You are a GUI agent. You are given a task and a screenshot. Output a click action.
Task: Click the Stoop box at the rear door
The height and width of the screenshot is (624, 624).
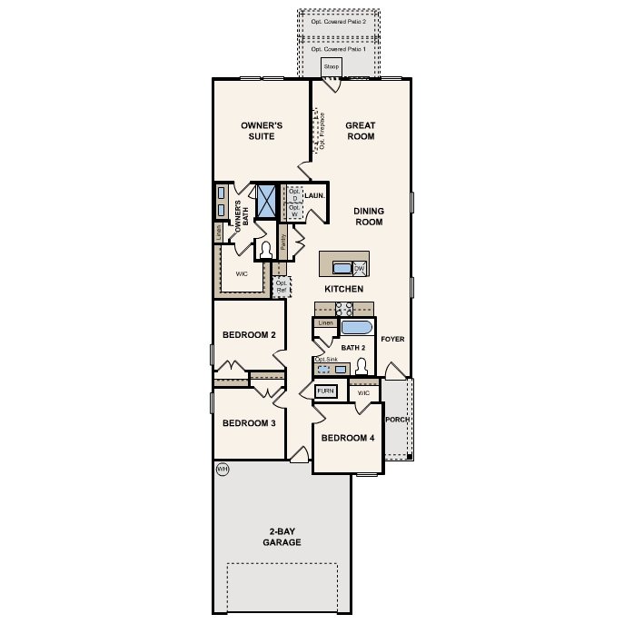pyautogui.click(x=331, y=67)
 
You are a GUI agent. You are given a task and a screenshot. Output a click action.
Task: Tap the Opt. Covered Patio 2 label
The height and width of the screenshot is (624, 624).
pyautogui.click(x=339, y=19)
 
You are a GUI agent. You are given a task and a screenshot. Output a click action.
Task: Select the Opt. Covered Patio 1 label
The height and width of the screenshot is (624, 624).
pyautogui.click(x=339, y=48)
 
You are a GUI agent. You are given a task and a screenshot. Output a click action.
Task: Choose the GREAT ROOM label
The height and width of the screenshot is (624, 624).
pyautogui.click(x=360, y=131)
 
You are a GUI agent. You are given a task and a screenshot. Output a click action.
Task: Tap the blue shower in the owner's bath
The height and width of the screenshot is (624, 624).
pyautogui.click(x=266, y=201)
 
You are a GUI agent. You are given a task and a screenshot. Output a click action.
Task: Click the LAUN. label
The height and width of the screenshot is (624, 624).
pyautogui.click(x=315, y=195)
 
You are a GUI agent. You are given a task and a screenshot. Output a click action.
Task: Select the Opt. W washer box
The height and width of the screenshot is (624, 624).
pyautogui.click(x=293, y=211)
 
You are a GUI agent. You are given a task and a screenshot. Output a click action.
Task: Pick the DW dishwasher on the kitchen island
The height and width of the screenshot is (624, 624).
pyautogui.click(x=359, y=269)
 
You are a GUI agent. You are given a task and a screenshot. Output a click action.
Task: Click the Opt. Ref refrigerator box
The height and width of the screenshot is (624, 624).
pyautogui.click(x=282, y=287)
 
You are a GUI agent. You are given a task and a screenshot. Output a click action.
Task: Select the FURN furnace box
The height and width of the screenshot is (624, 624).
pyautogui.click(x=326, y=391)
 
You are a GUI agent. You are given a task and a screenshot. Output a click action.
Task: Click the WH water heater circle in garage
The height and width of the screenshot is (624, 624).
pyautogui.click(x=222, y=469)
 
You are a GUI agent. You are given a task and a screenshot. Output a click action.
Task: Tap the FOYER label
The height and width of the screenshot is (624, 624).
pyautogui.click(x=392, y=339)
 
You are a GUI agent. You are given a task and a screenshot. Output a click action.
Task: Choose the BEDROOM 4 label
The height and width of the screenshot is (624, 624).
pyautogui.click(x=347, y=438)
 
